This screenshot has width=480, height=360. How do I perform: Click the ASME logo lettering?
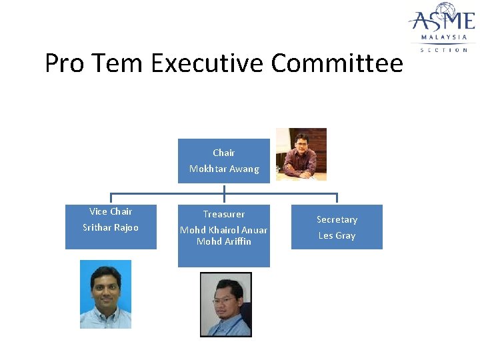click(x=442, y=17)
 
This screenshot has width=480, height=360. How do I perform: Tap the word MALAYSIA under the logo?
click(x=443, y=37)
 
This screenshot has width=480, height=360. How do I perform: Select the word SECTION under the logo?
click(x=443, y=50)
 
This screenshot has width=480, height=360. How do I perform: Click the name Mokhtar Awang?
click(x=224, y=169)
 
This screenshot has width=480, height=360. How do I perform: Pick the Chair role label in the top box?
click(x=224, y=153)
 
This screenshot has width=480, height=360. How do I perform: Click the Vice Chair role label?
click(x=111, y=211)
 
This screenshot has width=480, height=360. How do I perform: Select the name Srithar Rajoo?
click(x=111, y=227)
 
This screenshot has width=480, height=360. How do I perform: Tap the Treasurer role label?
click(x=224, y=214)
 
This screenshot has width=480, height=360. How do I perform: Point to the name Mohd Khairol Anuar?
click(x=224, y=230)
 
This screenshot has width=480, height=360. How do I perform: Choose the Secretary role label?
click(x=337, y=219)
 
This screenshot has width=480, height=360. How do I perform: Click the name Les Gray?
click(x=337, y=235)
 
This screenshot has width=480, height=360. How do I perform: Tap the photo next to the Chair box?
click(x=301, y=154)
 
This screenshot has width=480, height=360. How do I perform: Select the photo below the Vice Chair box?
click(x=105, y=294)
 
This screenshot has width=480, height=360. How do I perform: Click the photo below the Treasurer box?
click(x=226, y=304)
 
